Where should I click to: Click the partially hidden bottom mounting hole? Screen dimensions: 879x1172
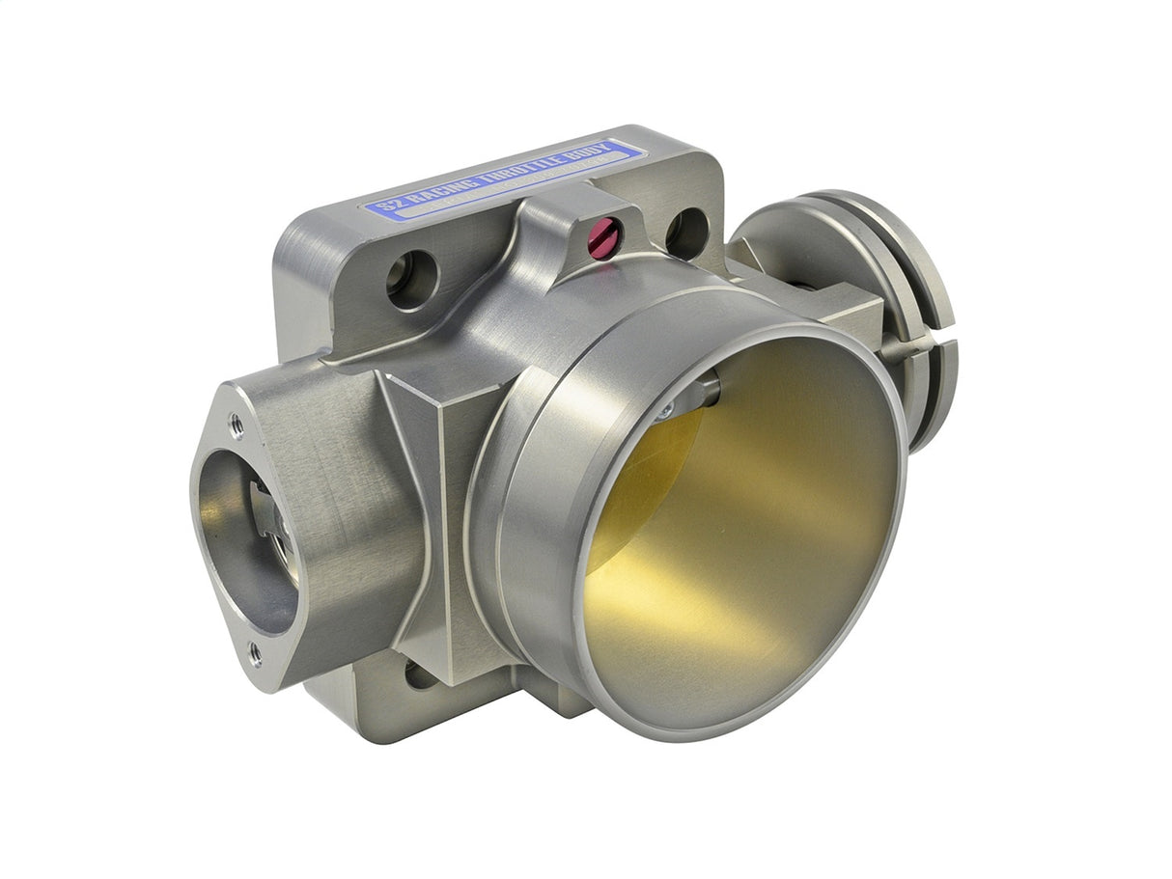[x=420, y=674]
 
